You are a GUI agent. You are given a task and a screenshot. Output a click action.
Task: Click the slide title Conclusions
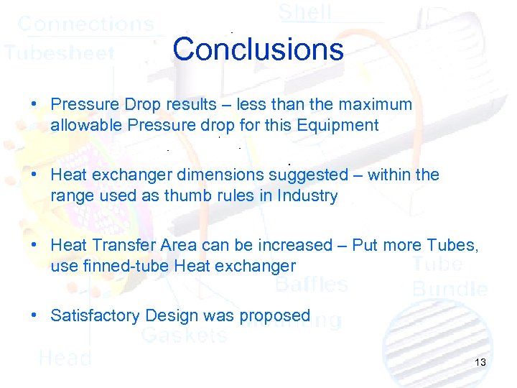(x=258, y=50)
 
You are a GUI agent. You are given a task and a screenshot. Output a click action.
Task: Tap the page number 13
(x=480, y=362)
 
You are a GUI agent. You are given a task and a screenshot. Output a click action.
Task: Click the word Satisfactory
(x=96, y=315)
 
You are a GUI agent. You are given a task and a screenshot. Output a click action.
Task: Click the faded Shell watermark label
(x=304, y=12)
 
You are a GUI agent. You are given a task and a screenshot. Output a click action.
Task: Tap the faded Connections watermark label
(x=85, y=24)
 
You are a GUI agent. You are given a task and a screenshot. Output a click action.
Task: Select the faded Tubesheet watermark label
(x=59, y=53)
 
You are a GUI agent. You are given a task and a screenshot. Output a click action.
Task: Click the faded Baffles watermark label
(x=312, y=285)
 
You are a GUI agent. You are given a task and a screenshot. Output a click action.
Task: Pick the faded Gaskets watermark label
(x=184, y=335)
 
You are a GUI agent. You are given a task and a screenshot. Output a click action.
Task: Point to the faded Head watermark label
(x=65, y=357)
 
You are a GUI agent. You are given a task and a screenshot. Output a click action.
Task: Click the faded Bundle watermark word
(x=450, y=289)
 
